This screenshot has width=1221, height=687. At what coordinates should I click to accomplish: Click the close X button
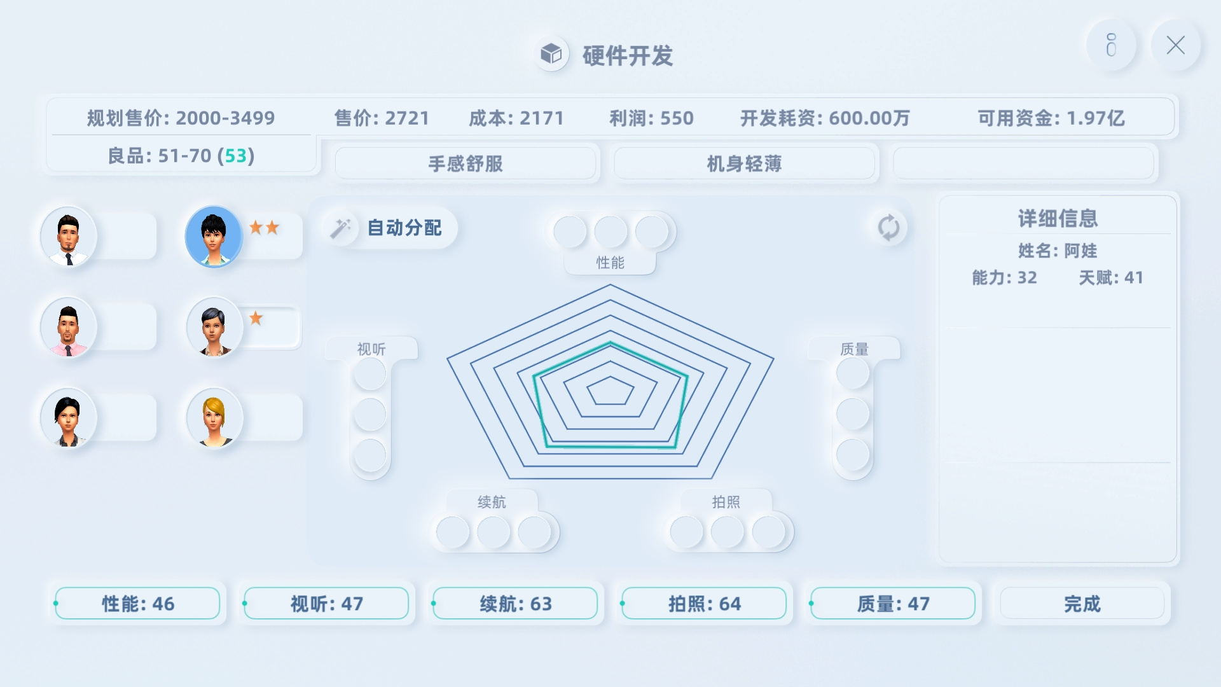(1175, 45)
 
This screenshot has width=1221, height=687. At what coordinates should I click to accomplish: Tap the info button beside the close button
(1111, 45)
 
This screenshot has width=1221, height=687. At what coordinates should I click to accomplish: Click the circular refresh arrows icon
(888, 228)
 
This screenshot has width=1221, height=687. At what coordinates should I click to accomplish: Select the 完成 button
(1082, 604)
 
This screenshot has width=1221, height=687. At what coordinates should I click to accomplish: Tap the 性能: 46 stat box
(138, 604)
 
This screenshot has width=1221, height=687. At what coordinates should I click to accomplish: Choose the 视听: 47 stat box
(326, 604)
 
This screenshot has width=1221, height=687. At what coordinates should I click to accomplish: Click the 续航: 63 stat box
(515, 604)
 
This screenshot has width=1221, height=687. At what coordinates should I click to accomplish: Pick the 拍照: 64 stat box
(704, 604)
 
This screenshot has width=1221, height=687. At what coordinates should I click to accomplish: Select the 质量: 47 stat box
(893, 604)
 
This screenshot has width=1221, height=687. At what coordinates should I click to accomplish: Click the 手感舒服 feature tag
(466, 164)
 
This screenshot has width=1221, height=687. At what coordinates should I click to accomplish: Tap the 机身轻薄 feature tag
(744, 164)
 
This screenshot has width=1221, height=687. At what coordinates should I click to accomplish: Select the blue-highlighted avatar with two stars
(214, 236)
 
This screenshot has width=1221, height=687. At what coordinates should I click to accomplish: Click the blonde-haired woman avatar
(214, 418)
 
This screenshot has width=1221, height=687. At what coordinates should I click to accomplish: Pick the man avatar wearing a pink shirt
(69, 327)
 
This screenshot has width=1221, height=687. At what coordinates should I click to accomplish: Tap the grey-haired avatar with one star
(214, 327)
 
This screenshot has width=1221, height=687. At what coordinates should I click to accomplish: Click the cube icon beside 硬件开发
(551, 54)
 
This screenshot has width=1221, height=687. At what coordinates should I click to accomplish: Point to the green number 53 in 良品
(235, 156)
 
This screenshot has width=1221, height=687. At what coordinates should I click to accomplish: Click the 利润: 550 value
(651, 118)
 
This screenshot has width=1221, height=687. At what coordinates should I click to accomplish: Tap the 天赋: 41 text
(1111, 277)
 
